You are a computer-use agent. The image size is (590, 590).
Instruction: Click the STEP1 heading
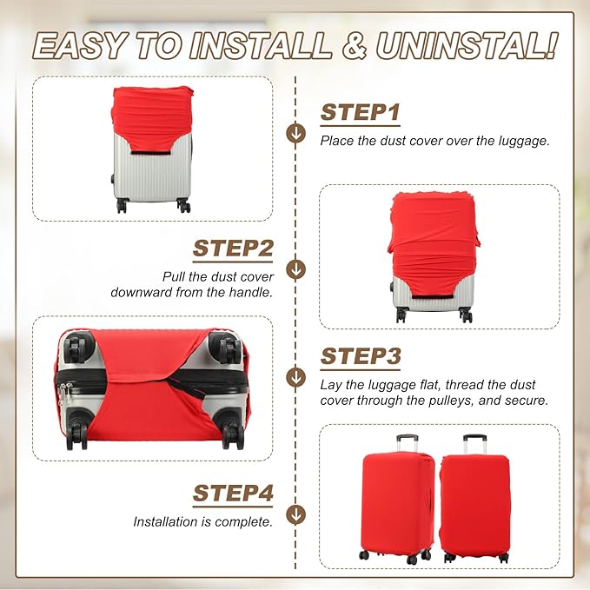click(361, 113)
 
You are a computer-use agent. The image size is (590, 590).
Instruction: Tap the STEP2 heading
click(233, 249)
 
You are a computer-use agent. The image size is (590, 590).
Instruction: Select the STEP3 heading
click(361, 357)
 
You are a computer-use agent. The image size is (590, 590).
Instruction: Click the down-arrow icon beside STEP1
click(296, 133)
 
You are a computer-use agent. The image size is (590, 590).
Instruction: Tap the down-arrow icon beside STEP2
click(296, 269)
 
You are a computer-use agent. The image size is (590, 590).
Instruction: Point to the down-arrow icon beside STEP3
click(296, 377)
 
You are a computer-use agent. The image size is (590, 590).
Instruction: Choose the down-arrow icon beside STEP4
click(296, 514)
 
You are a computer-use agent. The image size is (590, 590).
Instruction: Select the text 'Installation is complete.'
click(202, 522)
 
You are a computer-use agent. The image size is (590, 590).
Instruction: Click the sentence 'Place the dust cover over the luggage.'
click(434, 140)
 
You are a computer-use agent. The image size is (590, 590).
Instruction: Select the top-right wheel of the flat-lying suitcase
click(228, 348)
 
